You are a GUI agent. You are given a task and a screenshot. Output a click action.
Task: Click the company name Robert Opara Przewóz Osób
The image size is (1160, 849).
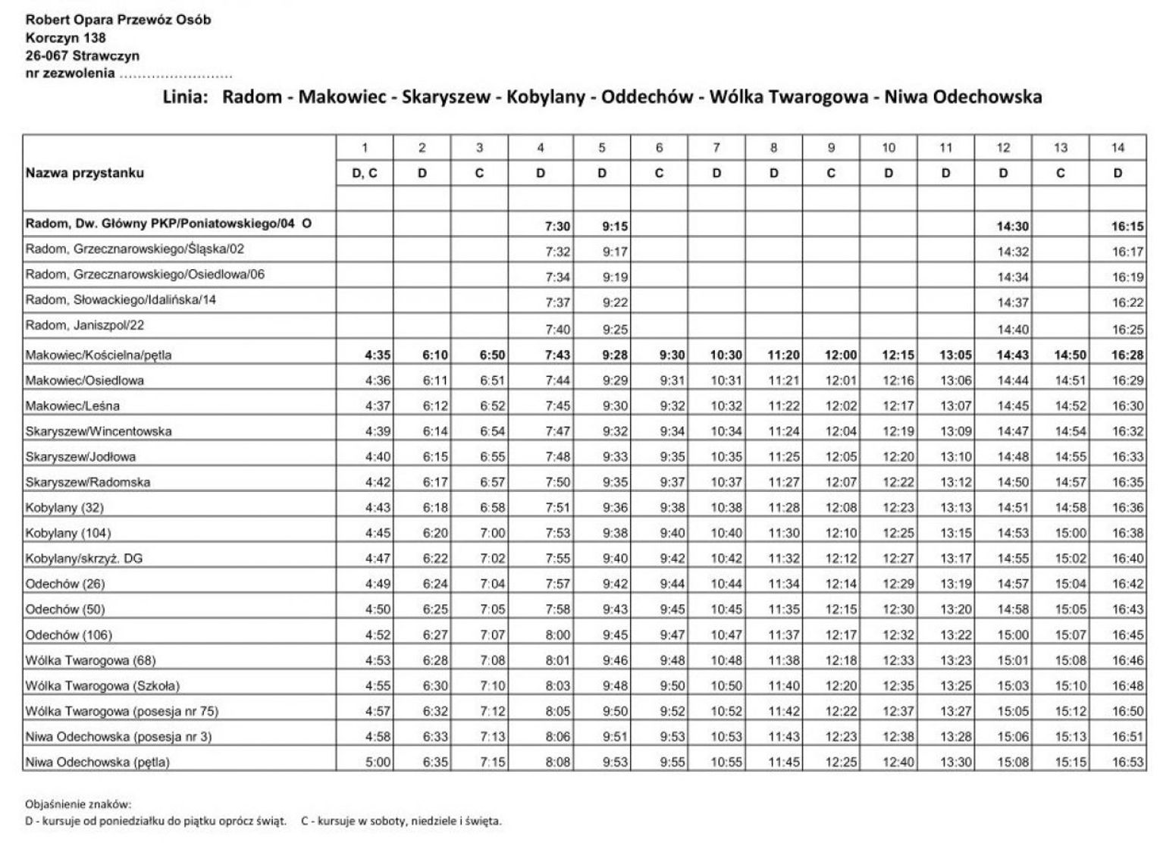click(x=118, y=20)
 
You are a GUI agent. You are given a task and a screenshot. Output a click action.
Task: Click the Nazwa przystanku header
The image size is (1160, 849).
click(x=84, y=173)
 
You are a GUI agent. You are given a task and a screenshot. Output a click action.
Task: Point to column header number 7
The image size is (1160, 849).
click(x=716, y=148)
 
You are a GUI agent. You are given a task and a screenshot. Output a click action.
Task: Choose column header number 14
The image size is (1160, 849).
click(x=1118, y=148)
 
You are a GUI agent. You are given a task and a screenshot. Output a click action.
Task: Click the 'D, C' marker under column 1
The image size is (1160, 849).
click(x=365, y=174)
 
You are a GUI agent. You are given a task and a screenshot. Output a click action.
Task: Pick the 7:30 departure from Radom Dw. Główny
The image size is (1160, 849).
click(x=557, y=227)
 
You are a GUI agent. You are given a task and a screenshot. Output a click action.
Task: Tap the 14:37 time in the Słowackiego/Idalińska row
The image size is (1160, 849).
click(x=1012, y=302)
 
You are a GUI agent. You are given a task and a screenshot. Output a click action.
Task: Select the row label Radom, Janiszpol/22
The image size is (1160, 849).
click(x=84, y=325)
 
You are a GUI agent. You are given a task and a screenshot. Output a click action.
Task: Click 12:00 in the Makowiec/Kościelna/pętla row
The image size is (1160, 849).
click(x=841, y=355)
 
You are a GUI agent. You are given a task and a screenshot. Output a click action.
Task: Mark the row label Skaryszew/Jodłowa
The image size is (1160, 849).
click(x=80, y=456)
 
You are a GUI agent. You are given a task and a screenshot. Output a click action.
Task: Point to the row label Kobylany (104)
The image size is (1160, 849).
click(x=67, y=533)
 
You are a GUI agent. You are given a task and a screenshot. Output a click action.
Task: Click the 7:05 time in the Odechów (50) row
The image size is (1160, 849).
click(x=492, y=609)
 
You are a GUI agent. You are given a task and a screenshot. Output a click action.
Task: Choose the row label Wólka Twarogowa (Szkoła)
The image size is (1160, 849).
click(x=102, y=686)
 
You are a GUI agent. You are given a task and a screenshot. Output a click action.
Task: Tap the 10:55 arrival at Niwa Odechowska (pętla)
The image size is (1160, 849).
click(x=726, y=763)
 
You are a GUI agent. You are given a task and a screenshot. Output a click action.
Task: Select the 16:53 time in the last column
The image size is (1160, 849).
click(x=1127, y=763)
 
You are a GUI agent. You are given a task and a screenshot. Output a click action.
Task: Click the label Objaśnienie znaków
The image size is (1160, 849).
click(x=78, y=804)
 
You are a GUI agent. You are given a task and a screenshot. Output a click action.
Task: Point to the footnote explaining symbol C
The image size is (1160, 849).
click(x=401, y=821)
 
